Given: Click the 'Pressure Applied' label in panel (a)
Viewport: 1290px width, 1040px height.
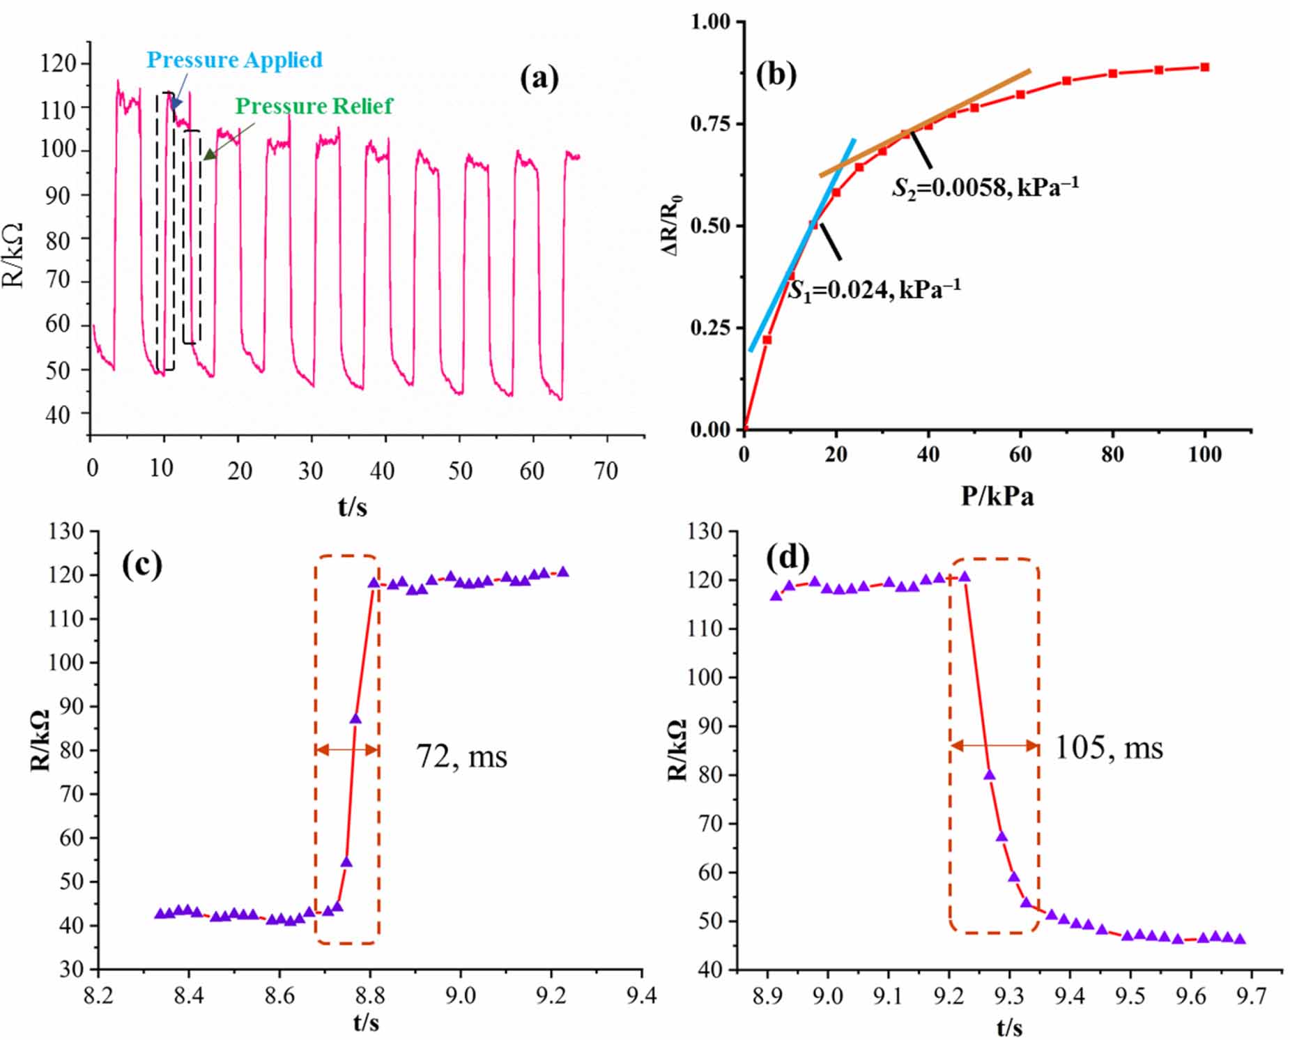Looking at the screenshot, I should (x=234, y=60).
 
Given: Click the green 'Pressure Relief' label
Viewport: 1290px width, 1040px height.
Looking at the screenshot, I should (x=314, y=106).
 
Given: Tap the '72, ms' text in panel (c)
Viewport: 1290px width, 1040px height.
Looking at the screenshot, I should (x=461, y=756).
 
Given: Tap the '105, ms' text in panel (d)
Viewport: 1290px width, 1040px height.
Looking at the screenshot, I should (x=1108, y=748).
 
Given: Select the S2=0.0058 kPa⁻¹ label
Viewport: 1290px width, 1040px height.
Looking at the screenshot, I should (x=985, y=187).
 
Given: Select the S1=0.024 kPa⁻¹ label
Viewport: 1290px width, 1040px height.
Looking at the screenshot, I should (x=874, y=289).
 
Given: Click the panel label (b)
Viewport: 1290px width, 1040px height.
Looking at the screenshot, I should (x=776, y=74).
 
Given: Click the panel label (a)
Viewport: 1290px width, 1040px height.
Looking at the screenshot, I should (x=539, y=78).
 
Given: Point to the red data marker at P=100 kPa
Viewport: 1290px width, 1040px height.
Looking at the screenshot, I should (x=1204, y=68).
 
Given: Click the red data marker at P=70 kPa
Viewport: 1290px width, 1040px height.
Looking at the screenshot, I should (x=1066, y=81).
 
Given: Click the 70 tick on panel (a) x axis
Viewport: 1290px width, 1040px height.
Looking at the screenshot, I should (x=606, y=472).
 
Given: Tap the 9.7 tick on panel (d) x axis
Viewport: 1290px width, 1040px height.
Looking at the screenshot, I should (x=1251, y=996).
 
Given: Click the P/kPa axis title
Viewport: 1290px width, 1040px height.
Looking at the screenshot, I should (x=997, y=497).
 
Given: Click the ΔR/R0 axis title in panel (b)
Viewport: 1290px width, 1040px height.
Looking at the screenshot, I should (x=672, y=225).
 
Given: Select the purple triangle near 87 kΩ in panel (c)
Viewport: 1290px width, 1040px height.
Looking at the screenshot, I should (x=355, y=719).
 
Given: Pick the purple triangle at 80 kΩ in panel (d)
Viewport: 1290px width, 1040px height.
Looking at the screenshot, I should (x=989, y=775).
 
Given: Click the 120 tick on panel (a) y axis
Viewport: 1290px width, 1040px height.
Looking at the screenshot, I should (x=59, y=63).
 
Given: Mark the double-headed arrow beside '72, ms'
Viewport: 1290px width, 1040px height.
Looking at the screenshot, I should (x=346, y=750).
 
